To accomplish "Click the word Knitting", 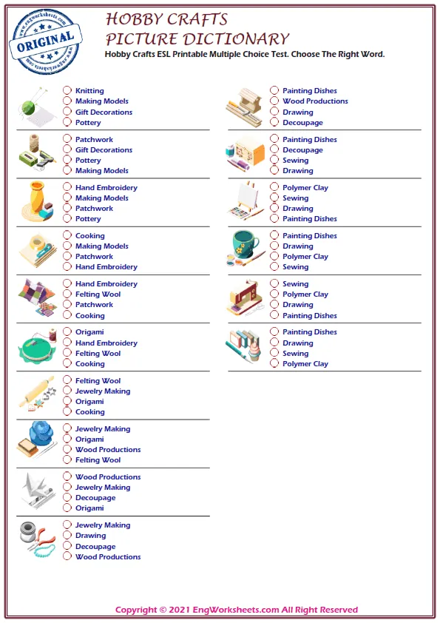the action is coord(89,91).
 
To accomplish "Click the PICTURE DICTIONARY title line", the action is coord(197,39).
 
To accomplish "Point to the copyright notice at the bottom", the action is coord(237,610).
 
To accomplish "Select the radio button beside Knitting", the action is coord(67,91).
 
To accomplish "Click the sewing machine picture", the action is coord(245,299).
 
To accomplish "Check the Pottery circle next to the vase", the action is coord(67,219).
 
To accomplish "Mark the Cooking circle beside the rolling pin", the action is coord(67,412).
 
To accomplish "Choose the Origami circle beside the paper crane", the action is coord(67,508).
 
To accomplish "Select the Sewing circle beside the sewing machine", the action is coord(274,284).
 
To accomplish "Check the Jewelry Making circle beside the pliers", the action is coord(67,525).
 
